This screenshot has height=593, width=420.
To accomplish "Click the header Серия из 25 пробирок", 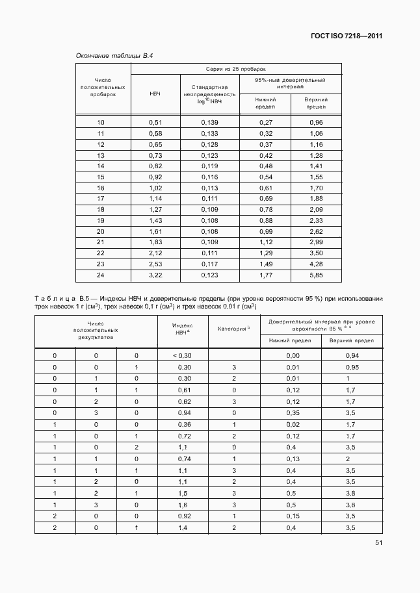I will click(237, 68).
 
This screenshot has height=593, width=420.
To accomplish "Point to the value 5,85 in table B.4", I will click(316, 276).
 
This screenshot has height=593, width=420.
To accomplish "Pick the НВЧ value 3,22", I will click(155, 276).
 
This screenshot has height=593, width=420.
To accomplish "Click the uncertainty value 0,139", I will click(209, 122).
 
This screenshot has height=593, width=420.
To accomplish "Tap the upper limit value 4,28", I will click(316, 264).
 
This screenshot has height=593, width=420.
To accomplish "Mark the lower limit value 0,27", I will click(265, 122).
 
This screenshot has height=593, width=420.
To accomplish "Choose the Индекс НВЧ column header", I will click(181, 328).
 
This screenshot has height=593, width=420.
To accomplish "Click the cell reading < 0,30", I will click(181, 355).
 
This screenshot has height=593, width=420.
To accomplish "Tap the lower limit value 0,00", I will click(293, 355).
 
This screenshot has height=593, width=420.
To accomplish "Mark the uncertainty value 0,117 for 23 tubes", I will click(209, 264).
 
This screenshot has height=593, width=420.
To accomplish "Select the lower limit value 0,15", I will click(293, 516).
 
